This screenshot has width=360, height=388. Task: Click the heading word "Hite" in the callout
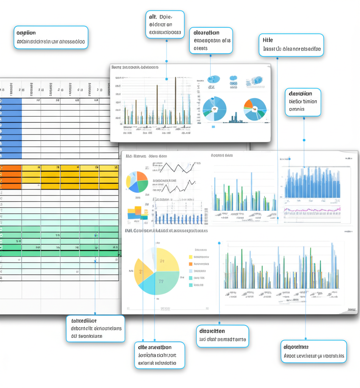point(268,40)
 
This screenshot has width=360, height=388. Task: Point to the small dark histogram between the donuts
point(235,118)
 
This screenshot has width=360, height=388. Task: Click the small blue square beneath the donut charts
point(213,127)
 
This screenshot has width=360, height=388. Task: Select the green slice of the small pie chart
point(143,186)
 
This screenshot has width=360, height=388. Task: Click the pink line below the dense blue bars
point(312,209)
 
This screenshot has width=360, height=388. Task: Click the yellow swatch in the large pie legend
point(190,257)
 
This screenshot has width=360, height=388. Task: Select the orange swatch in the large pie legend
point(190,264)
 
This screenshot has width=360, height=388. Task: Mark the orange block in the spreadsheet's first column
point(10,177)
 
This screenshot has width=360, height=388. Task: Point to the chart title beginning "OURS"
point(222,155)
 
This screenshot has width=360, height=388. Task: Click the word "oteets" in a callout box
point(201,48)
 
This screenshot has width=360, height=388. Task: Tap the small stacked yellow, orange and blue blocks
point(137,213)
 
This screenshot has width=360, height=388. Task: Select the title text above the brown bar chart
point(135,67)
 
